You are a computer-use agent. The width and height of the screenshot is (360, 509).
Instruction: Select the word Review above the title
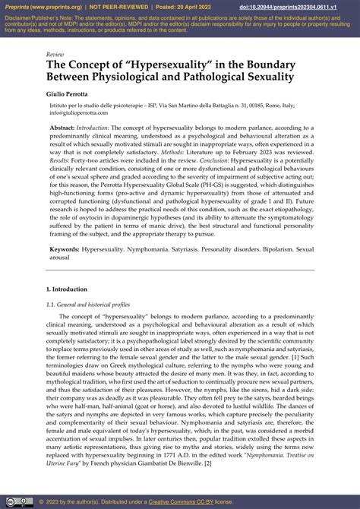click(55, 55)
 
